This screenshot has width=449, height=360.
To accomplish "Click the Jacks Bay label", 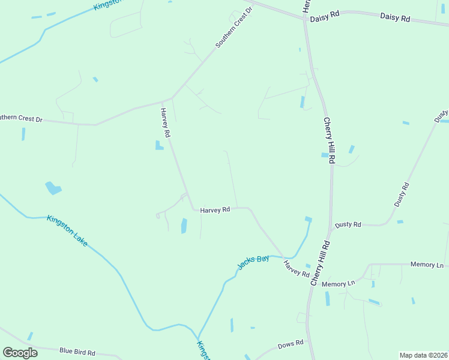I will [253, 262].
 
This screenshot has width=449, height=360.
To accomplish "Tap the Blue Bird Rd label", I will [77, 352].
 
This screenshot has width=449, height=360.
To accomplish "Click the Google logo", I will [20, 353].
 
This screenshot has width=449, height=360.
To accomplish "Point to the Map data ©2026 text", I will [423, 355].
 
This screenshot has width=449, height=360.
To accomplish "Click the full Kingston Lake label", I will [67, 230].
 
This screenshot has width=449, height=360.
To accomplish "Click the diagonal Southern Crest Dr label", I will [235, 29].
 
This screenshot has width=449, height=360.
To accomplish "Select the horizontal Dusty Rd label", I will [348, 224].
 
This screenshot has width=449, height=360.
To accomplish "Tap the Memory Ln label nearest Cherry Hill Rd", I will [339, 283].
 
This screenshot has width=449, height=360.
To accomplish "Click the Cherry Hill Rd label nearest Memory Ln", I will [321, 263].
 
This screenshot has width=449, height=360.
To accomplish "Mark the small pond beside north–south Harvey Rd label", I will [159, 145].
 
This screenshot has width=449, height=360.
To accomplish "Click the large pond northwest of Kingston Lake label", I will [53, 188].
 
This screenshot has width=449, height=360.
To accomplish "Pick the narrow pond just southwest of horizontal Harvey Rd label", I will [184, 226].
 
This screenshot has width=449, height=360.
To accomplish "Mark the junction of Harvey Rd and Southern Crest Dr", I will [172, 98].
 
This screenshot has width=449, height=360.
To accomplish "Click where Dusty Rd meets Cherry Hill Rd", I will [331, 229].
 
